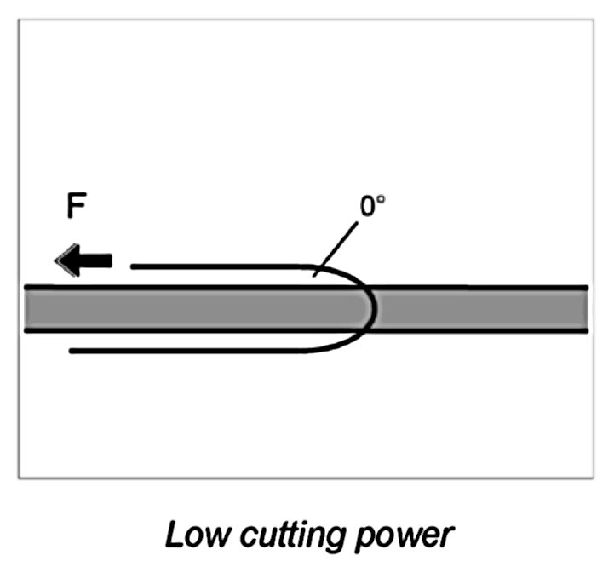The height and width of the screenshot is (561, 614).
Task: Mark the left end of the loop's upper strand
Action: point(134,266)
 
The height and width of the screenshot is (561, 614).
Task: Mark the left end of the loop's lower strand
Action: point(71,350)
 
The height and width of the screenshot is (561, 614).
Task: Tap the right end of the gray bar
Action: point(583,308)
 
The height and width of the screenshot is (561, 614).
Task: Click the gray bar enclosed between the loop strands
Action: point(213,308)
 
